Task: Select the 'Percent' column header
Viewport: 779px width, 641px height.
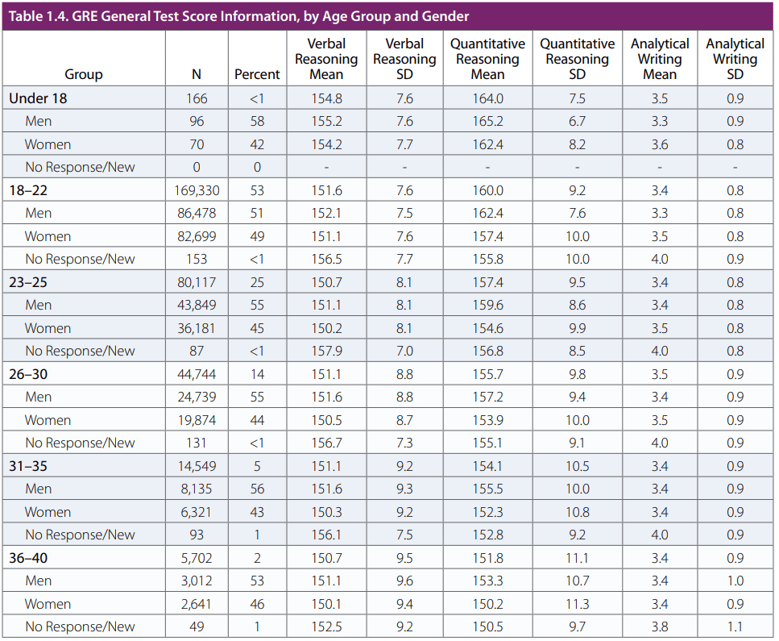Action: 257,74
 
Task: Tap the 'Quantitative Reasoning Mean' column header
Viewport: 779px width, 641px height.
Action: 487,59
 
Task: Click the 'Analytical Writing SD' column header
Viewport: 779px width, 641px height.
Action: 735,59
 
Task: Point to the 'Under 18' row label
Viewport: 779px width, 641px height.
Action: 38,98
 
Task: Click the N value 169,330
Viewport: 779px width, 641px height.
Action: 197,190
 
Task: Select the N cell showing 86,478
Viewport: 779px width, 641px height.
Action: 197,214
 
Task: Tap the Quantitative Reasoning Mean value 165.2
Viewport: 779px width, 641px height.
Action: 487,122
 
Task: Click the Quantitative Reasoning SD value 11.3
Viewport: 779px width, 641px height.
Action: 578,604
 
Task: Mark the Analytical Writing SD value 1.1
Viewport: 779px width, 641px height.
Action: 735,626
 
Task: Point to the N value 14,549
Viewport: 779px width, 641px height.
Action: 197,466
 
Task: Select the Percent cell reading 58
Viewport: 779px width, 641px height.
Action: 257,122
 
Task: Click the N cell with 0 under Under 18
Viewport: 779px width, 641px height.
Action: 197,168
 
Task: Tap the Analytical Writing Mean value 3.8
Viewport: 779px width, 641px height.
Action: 660,626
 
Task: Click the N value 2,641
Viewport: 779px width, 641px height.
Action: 197,604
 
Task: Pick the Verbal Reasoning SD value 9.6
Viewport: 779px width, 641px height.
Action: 404,581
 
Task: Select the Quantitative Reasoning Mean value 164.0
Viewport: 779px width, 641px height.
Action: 487,98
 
